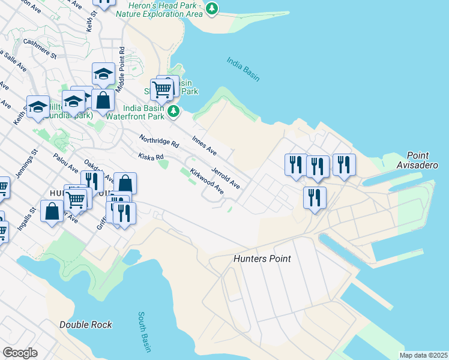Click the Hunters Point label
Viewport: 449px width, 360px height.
pos(262,259)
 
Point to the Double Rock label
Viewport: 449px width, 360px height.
pos(85,325)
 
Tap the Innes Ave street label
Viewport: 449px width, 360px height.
pos(203,143)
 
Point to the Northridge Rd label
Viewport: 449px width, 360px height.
pos(159,142)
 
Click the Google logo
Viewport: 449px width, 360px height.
pos(20,352)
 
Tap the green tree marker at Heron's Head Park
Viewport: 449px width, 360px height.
pos(211,8)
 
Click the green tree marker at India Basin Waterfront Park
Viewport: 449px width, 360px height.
pos(173,110)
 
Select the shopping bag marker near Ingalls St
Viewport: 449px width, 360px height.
pos(52,211)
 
